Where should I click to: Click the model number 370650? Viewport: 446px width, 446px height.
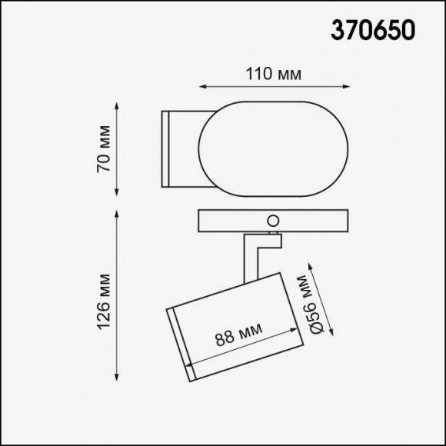(373, 28)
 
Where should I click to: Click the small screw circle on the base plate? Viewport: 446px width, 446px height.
(272, 221)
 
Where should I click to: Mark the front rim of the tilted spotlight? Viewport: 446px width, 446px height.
(179, 343)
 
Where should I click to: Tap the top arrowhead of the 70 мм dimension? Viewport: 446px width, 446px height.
(118, 102)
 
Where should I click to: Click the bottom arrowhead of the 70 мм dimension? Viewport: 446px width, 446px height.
(118, 195)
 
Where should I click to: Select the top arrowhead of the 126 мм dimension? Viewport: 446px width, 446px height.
(118, 211)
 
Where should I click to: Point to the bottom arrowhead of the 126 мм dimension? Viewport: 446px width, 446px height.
(118, 379)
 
